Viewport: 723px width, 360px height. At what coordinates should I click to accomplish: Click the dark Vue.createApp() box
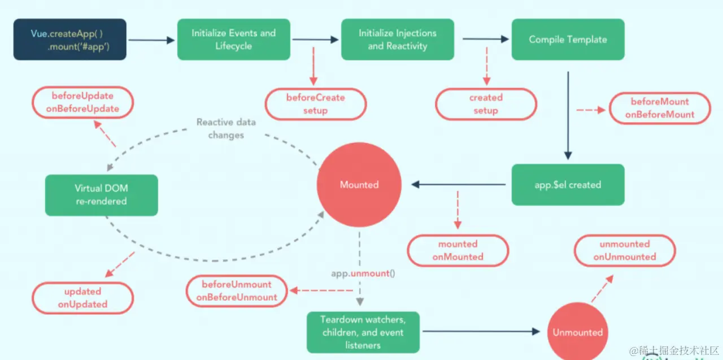tap(70, 40)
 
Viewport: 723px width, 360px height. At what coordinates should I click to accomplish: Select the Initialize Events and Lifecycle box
tap(233, 40)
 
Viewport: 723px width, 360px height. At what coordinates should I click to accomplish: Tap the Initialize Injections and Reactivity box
tap(397, 40)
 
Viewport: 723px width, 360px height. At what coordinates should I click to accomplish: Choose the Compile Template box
tap(568, 40)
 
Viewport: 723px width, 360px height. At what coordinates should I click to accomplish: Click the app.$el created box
tap(568, 185)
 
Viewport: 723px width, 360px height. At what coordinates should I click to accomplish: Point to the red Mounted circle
tap(359, 185)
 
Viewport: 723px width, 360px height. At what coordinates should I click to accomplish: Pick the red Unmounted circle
tap(577, 332)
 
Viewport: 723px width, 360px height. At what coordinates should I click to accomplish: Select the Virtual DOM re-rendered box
tap(102, 195)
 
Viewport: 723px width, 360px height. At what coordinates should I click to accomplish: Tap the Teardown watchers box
tap(363, 332)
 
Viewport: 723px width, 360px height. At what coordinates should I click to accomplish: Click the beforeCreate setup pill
tap(315, 104)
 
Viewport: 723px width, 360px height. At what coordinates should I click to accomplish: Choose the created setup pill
tap(486, 104)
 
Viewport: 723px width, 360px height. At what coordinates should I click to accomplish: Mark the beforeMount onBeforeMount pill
tap(660, 108)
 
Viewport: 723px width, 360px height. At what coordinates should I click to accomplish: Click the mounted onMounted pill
tap(458, 250)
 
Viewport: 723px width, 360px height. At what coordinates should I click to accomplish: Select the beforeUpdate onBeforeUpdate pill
tap(82, 102)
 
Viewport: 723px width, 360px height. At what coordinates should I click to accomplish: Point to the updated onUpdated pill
tap(82, 298)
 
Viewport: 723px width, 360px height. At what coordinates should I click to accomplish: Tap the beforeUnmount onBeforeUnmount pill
tap(237, 290)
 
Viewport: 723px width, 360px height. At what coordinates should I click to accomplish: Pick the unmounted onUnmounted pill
tap(625, 250)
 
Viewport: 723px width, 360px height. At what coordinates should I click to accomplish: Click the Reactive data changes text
tap(226, 128)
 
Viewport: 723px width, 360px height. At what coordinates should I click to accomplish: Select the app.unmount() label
tap(363, 274)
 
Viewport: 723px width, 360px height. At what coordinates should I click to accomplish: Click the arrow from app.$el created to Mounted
tap(459, 184)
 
